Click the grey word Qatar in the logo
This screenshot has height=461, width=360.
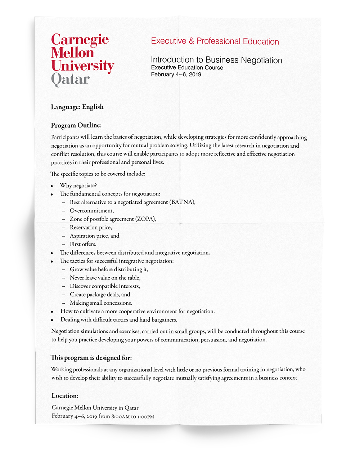pyautogui.click(x=70, y=79)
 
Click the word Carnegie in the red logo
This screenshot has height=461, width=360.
pyautogui.click(x=80, y=40)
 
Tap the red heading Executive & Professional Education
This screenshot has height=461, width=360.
pyautogui.click(x=215, y=41)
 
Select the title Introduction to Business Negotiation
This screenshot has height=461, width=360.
pyautogui.click(x=216, y=60)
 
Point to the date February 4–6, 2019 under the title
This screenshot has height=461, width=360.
pyautogui.click(x=176, y=75)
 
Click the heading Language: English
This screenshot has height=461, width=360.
pyautogui.click(x=77, y=107)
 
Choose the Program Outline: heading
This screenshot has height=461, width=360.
pyautogui.click(x=76, y=125)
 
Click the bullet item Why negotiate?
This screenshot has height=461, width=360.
pyautogui.click(x=78, y=185)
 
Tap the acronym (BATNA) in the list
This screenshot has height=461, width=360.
pyautogui.click(x=183, y=202)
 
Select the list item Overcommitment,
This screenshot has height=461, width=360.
pyautogui.click(x=92, y=211)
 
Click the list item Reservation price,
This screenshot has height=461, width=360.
pyautogui.click(x=91, y=228)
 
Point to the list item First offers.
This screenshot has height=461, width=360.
pyautogui.click(x=83, y=244)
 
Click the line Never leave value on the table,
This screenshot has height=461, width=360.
pyautogui.click(x=105, y=278)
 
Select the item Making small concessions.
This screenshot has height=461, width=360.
pyautogui.click(x=101, y=303)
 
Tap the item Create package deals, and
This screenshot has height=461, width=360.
pyautogui.click(x=100, y=295)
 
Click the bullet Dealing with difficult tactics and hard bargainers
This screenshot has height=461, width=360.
pyautogui.click(x=119, y=320)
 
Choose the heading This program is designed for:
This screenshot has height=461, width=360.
pyautogui.click(x=91, y=358)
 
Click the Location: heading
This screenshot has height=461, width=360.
pyautogui.click(x=65, y=396)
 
